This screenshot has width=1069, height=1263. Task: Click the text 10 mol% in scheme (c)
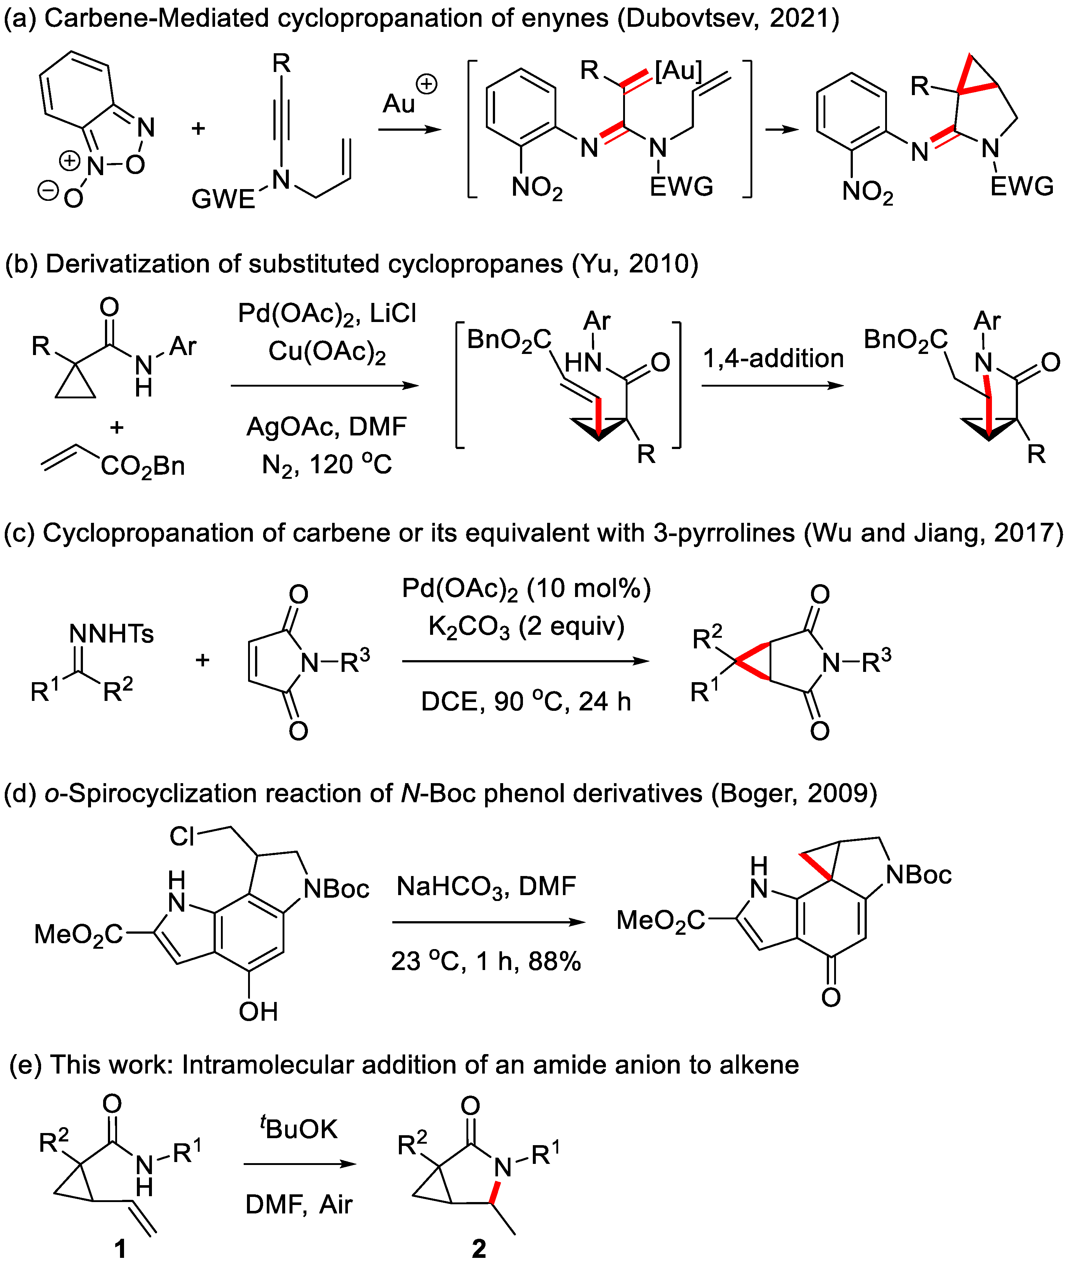(587, 588)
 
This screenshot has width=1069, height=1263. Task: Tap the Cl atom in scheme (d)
(182, 837)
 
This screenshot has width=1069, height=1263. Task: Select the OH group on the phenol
(258, 1012)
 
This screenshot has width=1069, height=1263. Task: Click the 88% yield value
(555, 962)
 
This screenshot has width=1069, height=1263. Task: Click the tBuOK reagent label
(299, 1128)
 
